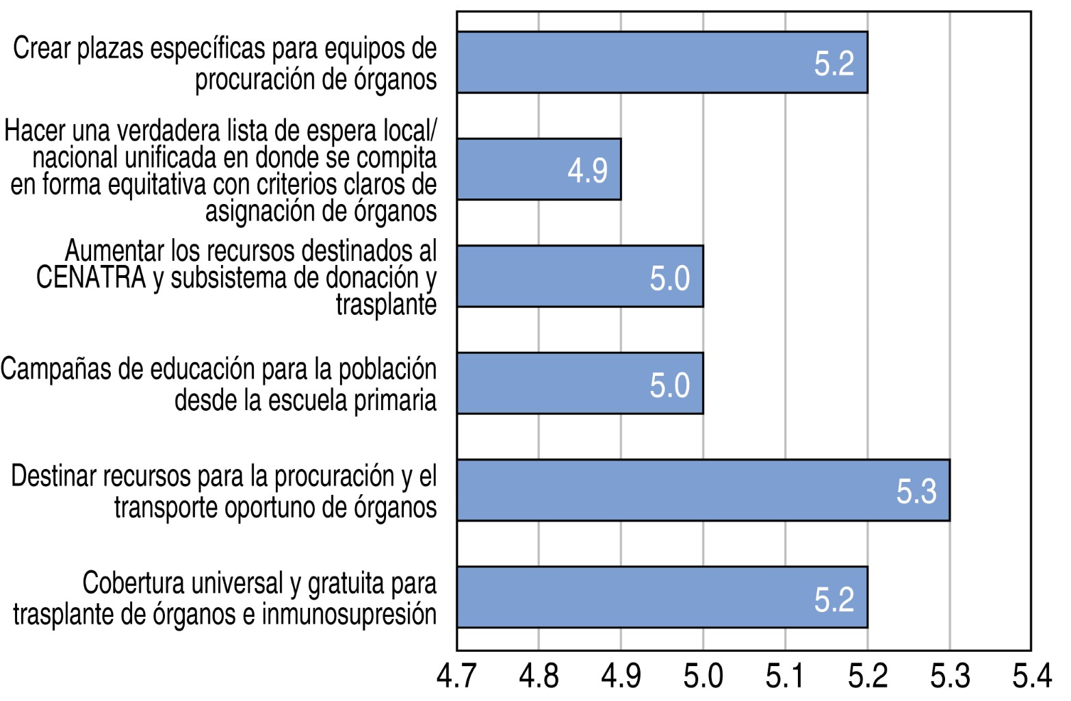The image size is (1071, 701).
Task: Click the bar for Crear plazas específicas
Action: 661,62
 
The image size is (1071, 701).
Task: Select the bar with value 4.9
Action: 539,169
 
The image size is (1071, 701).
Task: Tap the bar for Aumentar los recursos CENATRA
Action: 579,277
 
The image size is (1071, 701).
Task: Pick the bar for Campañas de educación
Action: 579,383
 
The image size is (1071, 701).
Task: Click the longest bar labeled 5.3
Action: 703,490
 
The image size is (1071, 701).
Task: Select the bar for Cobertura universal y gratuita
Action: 661,597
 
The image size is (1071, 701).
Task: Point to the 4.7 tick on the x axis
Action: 456,676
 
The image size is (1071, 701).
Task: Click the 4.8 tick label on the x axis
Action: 539,676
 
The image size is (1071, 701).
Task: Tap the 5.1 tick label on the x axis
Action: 786,676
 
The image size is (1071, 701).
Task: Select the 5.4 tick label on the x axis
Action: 1032,676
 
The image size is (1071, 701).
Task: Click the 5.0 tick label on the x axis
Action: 703,676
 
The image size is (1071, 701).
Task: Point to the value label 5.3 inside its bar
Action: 916,492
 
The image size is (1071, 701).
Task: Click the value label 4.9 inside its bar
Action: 587,170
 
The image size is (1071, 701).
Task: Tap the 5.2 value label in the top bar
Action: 834,64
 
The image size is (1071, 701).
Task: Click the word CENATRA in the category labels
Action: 91,278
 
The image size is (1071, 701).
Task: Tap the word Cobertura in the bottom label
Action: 134,583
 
